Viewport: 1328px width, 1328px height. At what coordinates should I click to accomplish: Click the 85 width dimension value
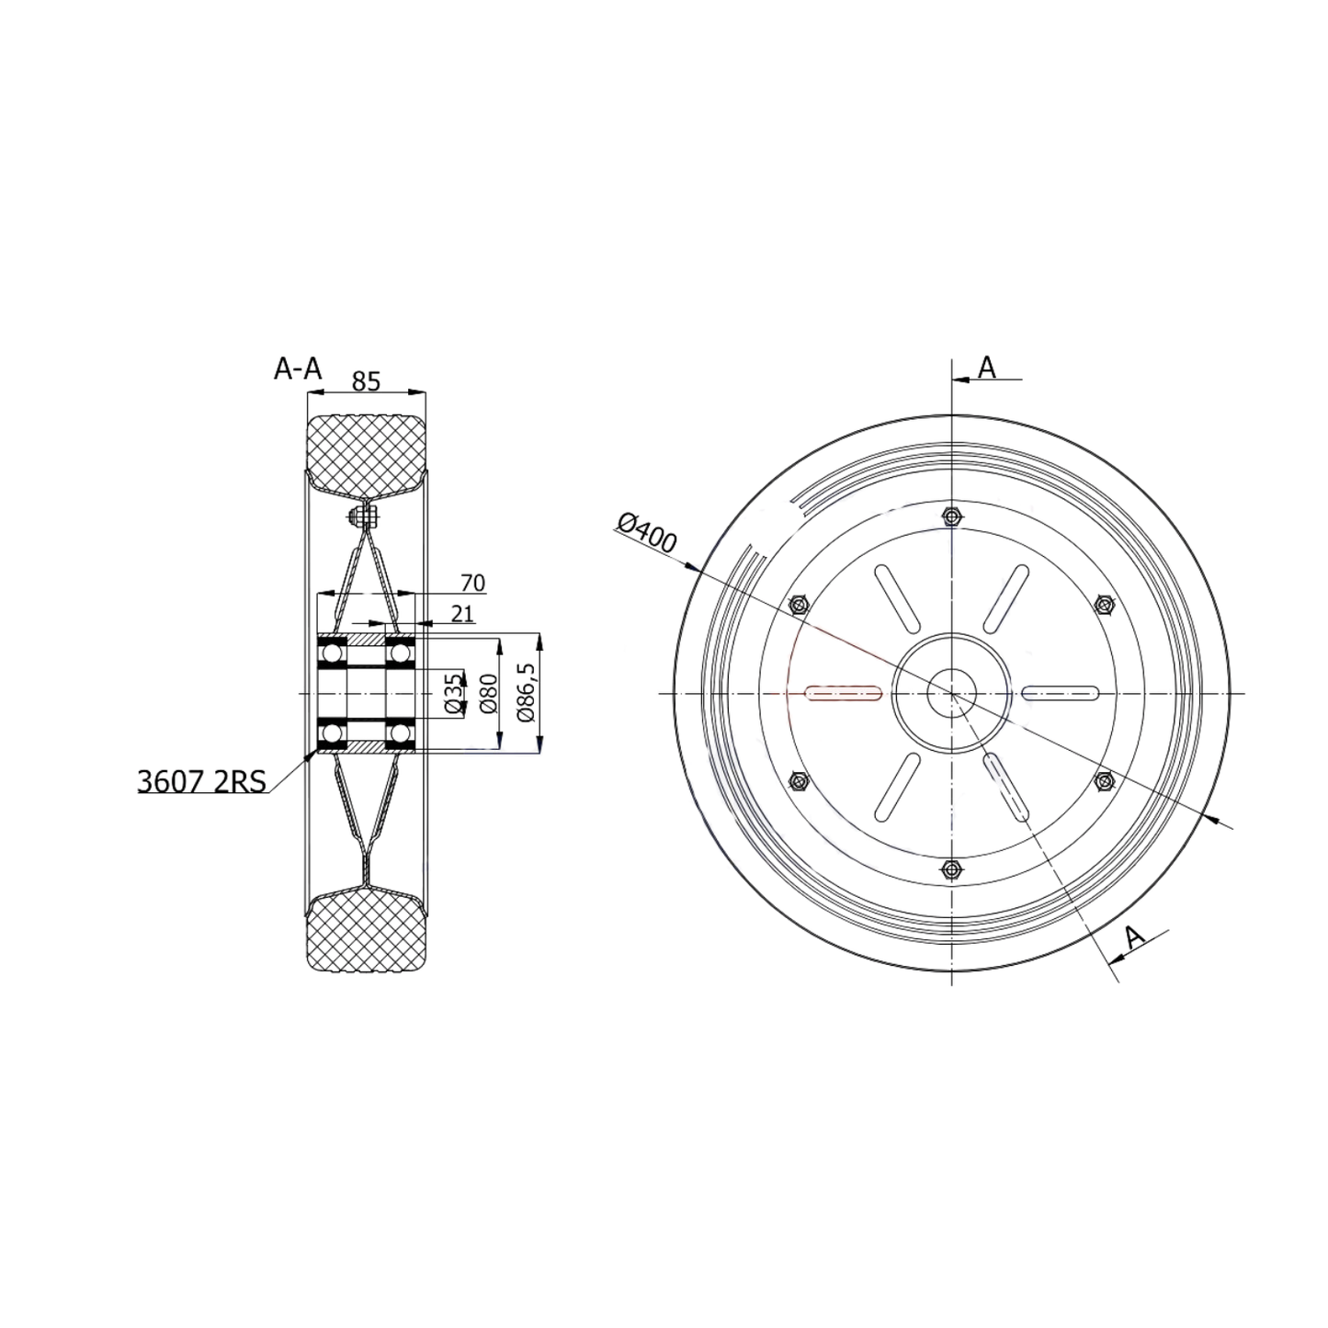366,380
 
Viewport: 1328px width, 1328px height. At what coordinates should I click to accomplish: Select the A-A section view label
298,369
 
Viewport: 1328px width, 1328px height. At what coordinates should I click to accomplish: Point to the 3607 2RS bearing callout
201,781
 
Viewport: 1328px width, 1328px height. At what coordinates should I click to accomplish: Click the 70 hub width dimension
472,583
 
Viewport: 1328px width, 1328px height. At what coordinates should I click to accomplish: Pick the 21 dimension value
463,613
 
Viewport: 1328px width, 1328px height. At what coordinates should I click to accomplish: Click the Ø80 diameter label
488,693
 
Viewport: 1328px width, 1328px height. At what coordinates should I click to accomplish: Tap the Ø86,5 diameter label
526,692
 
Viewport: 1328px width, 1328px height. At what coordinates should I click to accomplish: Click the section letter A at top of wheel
986,368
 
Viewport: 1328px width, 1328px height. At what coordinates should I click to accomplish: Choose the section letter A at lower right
1136,937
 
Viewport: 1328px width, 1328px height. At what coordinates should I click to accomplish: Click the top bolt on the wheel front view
952,517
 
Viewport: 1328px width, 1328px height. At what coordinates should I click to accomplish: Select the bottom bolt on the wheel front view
952,868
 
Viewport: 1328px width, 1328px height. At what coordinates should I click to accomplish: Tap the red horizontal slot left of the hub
843,693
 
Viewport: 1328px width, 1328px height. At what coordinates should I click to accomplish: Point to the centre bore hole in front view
952,693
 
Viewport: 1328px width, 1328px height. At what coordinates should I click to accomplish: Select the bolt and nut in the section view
365,516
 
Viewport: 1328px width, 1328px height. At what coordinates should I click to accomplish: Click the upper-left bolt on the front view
799,605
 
